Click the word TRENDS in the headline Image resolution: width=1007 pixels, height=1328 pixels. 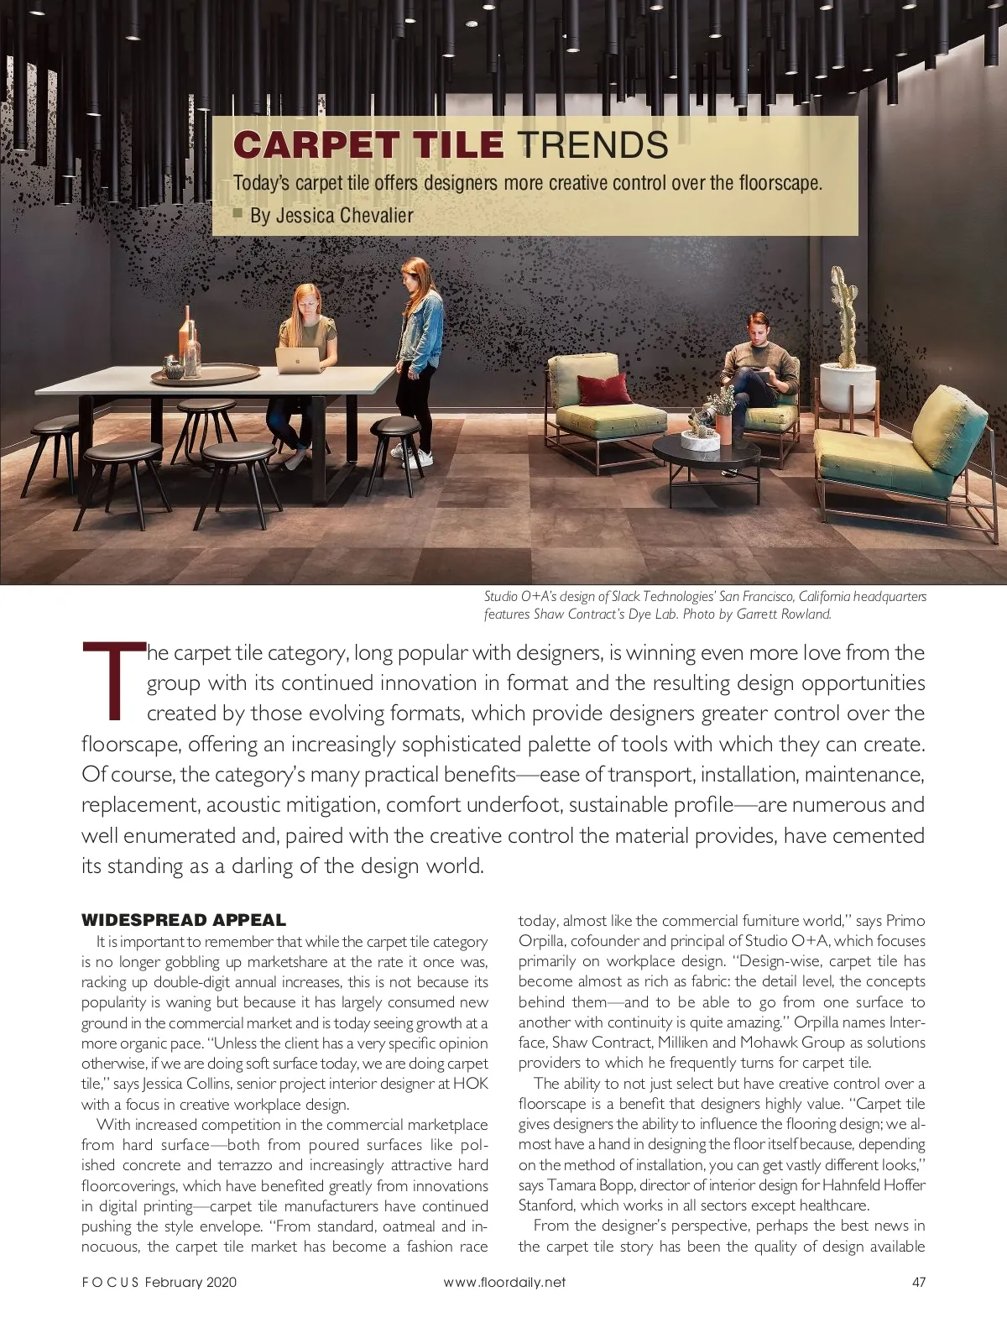(592, 145)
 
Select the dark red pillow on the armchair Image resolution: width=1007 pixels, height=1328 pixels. (604, 390)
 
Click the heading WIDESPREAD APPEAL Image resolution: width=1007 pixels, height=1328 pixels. (184, 920)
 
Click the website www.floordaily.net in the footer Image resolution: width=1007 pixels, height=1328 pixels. (504, 1282)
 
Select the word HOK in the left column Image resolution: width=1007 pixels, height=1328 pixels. (470, 1084)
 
